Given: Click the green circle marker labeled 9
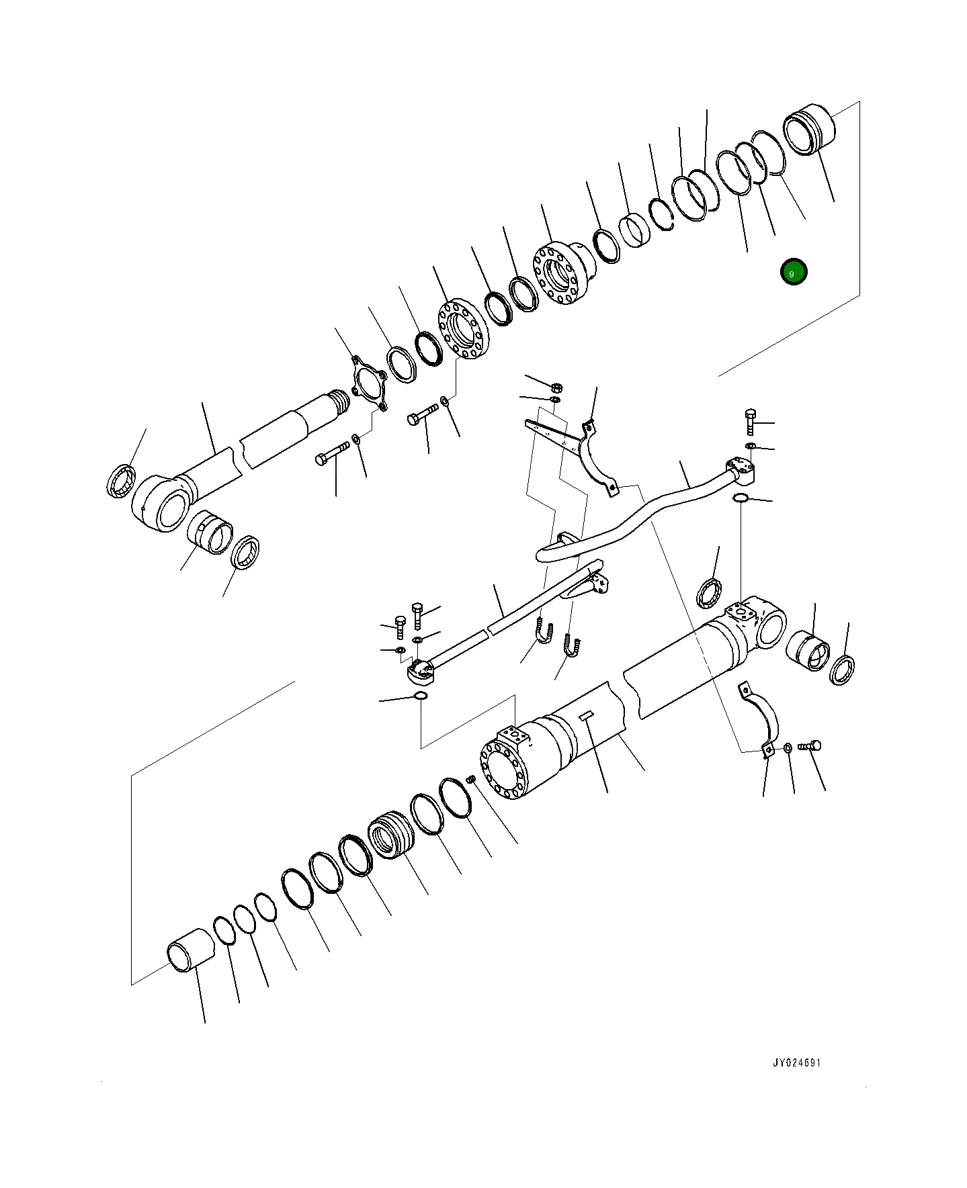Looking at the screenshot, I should point(793,272).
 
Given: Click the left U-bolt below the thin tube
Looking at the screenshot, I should point(544,632).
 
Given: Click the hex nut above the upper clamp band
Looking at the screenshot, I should point(556,387).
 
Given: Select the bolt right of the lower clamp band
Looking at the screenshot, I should point(811,745).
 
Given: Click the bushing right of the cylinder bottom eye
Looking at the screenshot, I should point(808,650).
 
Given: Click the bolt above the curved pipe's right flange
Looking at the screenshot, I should point(751,421).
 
